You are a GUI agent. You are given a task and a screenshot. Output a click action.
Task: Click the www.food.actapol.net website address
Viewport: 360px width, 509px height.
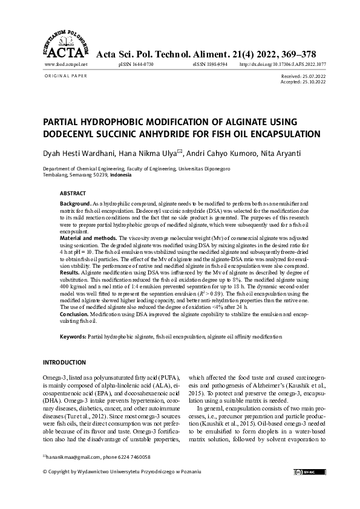[x=67, y=64]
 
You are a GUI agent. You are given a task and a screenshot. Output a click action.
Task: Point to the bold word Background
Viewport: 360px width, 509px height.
[x=74, y=205]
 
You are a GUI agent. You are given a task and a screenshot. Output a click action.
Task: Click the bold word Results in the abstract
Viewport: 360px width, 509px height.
[x=70, y=274]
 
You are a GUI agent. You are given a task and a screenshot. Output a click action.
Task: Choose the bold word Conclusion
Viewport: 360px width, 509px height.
[x=75, y=315]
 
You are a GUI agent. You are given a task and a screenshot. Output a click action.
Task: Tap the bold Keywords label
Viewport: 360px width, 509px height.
[x=73, y=336]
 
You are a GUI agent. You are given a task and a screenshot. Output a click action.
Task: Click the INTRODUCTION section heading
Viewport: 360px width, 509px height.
[x=64, y=362]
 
